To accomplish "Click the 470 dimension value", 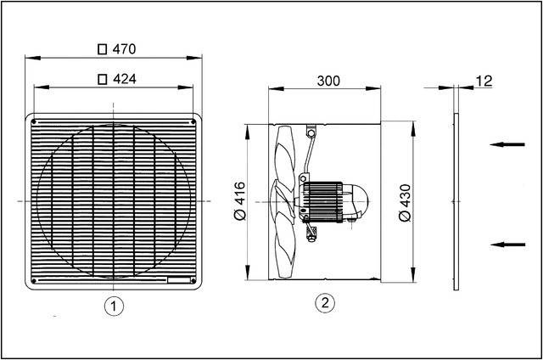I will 125,50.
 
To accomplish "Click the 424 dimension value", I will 125,80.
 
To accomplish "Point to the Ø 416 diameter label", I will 239,202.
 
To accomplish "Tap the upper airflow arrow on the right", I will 508,144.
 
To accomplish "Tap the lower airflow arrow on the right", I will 508,245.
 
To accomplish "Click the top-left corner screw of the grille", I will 33,120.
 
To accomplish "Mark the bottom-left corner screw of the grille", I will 33,280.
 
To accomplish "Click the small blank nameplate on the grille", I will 181,280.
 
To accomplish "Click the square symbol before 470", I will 103,50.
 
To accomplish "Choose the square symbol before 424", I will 103,80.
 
